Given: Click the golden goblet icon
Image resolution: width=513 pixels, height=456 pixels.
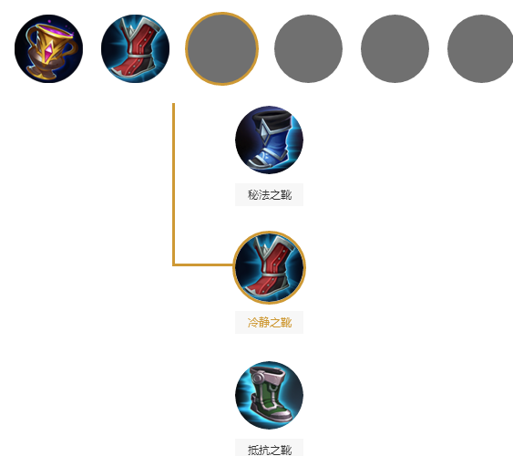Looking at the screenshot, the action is pyautogui.click(x=48, y=48).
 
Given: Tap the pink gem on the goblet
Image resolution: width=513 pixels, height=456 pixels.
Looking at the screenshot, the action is pyautogui.click(x=49, y=52).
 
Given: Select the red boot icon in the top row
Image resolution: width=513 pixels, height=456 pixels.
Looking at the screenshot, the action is pyautogui.click(x=135, y=48).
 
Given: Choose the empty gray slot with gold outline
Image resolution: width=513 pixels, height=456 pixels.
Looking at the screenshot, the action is pyautogui.click(x=221, y=48).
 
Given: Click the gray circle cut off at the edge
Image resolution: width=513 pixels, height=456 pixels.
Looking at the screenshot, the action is pyautogui.click(x=481, y=48).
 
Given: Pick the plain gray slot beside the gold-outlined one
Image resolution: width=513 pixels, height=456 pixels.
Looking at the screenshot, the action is pyautogui.click(x=308, y=48).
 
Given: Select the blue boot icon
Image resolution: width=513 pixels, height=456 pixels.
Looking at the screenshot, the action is pyautogui.click(x=269, y=140).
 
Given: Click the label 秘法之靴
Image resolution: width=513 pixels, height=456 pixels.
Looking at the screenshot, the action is pyautogui.click(x=270, y=195).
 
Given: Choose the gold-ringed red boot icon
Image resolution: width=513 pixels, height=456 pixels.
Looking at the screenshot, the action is pyautogui.click(x=270, y=267).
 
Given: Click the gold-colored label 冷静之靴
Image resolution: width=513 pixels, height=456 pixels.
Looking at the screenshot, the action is pyautogui.click(x=270, y=323).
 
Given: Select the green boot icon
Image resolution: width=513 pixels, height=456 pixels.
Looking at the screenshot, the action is pyautogui.click(x=269, y=395).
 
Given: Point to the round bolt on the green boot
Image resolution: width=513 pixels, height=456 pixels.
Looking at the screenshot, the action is pyautogui.click(x=258, y=379).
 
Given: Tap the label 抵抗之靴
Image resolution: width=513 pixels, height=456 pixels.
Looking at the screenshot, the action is pyautogui.click(x=270, y=451).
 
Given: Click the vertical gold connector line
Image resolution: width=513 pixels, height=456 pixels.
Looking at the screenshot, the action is pyautogui.click(x=173, y=184).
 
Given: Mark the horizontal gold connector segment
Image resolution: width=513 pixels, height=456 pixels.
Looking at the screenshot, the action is pyautogui.click(x=203, y=264).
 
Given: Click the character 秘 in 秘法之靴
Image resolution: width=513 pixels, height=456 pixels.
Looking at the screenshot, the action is pyautogui.click(x=253, y=195).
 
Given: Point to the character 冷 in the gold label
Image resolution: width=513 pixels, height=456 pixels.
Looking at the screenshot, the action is pyautogui.click(x=253, y=323).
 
